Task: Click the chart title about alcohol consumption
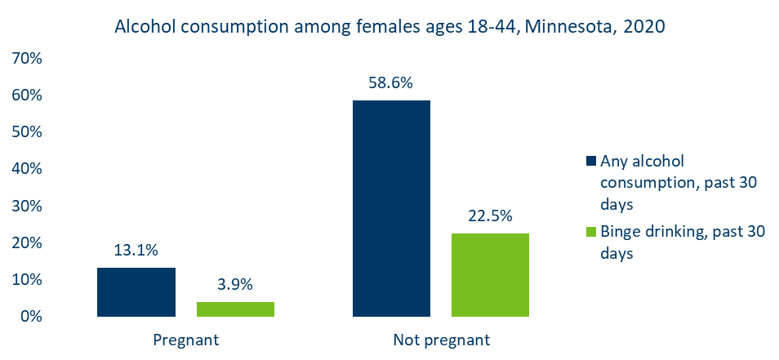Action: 389,26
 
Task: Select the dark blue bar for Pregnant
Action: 136,291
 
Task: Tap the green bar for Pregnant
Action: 235,309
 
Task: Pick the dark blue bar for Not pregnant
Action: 391,208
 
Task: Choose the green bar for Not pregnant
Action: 491,274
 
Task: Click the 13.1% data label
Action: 136,251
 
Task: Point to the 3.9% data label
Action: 235,285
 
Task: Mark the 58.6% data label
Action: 391,83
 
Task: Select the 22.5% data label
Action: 491,216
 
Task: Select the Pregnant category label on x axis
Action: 185,340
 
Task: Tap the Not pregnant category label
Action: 441,340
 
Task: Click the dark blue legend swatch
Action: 592,159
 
